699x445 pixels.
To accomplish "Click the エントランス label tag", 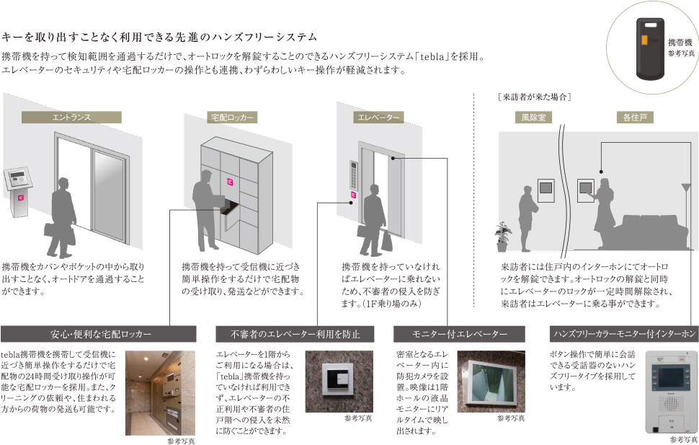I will [x=71, y=117].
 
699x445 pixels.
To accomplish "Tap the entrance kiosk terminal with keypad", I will [x=17, y=189].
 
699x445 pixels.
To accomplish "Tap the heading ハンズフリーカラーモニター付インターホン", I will [x=624, y=334].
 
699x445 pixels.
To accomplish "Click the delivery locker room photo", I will [x=159, y=392].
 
